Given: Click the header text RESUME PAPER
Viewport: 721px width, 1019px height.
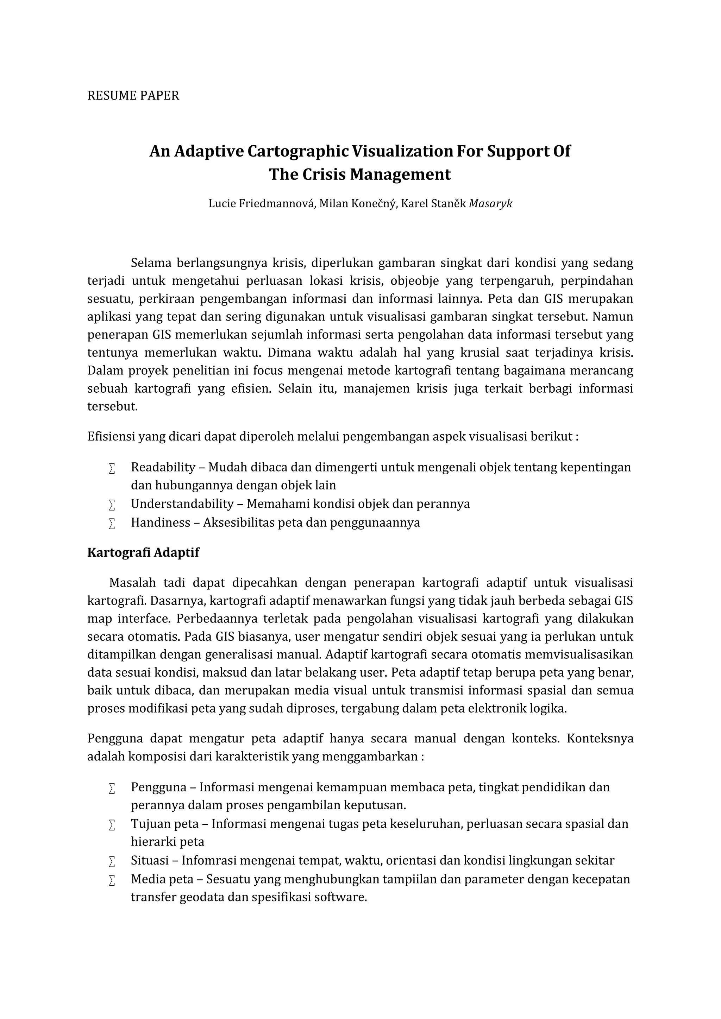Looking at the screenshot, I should (x=133, y=96).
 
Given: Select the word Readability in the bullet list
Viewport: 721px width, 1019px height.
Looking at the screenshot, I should (x=163, y=467).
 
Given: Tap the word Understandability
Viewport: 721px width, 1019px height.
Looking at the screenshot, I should (x=182, y=504).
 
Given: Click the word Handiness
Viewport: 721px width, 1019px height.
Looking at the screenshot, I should (x=160, y=523).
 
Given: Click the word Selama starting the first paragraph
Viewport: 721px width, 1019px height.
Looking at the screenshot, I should (x=151, y=263).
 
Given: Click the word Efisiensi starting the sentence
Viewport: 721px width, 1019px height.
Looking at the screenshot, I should (x=111, y=437).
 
